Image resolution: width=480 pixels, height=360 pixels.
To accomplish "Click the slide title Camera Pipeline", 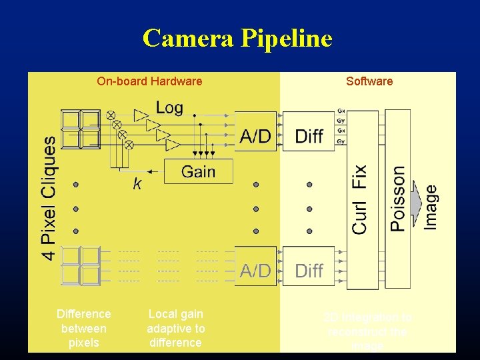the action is pos(237,39).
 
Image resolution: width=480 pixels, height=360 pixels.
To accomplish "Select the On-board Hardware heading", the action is pos(149,81).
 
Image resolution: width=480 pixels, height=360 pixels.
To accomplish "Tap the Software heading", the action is pos(369,81).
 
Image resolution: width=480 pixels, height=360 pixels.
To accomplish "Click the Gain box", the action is pos(198,171).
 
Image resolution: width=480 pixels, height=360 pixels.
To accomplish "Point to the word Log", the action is pos(169,108).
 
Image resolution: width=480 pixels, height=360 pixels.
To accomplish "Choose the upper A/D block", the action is pos(255,135).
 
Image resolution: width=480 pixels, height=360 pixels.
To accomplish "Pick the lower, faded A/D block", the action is pos(255,270).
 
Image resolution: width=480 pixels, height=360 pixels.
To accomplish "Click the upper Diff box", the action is pos(309,135).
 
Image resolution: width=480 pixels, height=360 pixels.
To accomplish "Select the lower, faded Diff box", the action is pos(309,270).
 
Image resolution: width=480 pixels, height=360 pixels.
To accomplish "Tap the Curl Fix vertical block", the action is pos(360,199).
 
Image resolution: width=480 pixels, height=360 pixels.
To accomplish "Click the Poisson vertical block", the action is pos(398,199).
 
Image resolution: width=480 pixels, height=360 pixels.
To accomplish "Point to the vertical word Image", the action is pos(432,207).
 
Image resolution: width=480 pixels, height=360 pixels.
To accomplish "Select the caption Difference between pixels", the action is pos(84,328).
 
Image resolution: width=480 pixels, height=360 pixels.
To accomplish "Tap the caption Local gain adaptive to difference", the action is pos(176,328).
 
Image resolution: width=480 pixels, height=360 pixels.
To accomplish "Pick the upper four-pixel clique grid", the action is pos(80,129).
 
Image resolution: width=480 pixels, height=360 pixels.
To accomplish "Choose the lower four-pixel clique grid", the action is pos(80,265).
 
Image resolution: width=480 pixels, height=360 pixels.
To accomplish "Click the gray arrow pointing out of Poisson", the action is pos(419,199).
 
